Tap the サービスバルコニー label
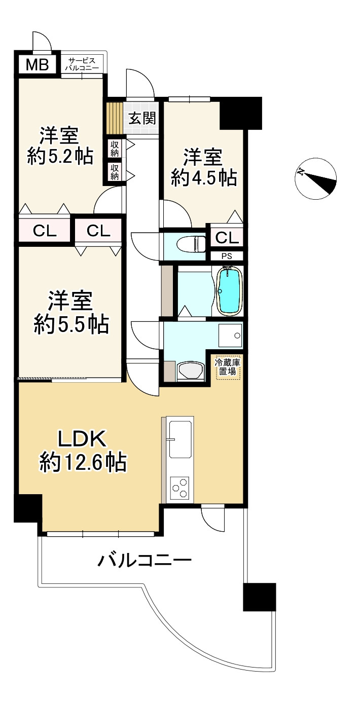pyautogui.click(x=82, y=64)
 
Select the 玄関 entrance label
pyautogui.click(x=142, y=119)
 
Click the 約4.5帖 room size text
pyautogui.click(x=204, y=178)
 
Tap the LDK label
pyautogui.click(x=83, y=439)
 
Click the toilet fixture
pyautogui.click(x=191, y=244)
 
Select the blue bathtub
pyautogui.click(x=230, y=291)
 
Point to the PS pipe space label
pyautogui.click(x=227, y=256)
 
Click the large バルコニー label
pyautogui.click(x=144, y=560)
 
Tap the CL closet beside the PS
pyautogui.click(x=227, y=238)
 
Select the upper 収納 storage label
pyautogui.click(x=115, y=149)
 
